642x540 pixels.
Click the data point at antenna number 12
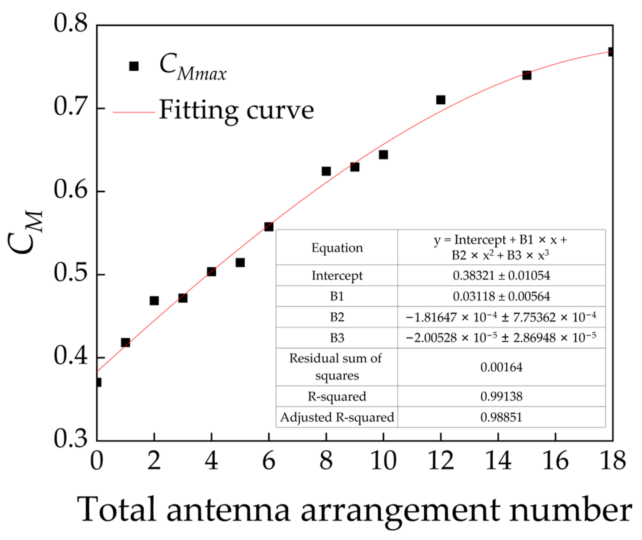click(x=441, y=100)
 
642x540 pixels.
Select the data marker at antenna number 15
click(x=527, y=75)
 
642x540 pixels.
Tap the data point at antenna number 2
click(x=154, y=300)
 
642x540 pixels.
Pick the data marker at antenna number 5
click(x=240, y=263)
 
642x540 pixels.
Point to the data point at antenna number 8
click(x=326, y=171)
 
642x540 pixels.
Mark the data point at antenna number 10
click(x=383, y=154)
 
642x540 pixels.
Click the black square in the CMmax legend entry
click(x=134, y=66)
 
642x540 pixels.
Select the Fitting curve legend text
click(x=236, y=110)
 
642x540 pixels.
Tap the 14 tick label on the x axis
click(x=498, y=461)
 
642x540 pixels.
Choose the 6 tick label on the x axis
click(x=269, y=461)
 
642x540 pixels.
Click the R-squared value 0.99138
click(x=501, y=396)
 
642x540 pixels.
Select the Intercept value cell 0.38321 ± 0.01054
click(x=501, y=275)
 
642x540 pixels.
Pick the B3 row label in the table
click(x=337, y=338)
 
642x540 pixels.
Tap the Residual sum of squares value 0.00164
click(x=501, y=367)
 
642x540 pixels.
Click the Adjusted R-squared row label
click(x=337, y=417)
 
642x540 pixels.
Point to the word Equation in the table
click(x=337, y=248)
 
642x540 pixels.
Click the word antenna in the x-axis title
click(x=228, y=510)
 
